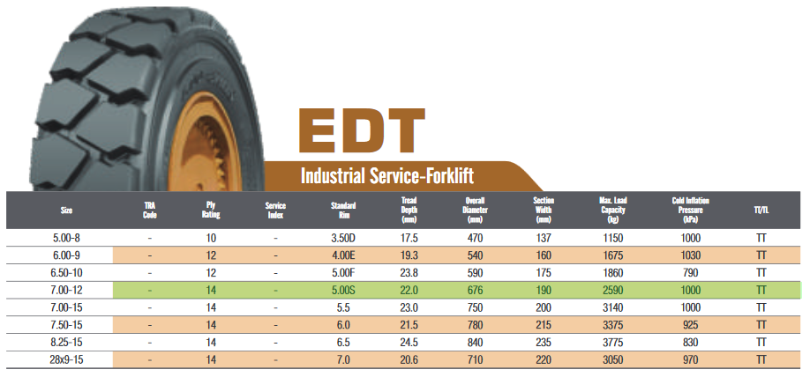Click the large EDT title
tap(361, 131)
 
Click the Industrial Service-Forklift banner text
tap(387, 176)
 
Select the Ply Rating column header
tap(210, 210)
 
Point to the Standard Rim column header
tap(343, 210)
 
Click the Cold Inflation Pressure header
tap(691, 210)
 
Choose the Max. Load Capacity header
tap(612, 210)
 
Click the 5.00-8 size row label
tap(67, 239)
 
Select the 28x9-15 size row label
tap(67, 360)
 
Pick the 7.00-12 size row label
tap(67, 291)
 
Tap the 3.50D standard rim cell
tap(343, 239)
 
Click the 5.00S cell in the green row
tap(343, 291)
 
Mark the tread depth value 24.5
tap(409, 343)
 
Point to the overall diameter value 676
tap(474, 291)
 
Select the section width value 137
tap(544, 239)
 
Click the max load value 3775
tap(612, 343)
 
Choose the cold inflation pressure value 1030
tap(691, 255)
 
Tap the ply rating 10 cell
tap(210, 239)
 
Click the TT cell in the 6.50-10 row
tap(761, 273)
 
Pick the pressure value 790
tap(691, 273)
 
